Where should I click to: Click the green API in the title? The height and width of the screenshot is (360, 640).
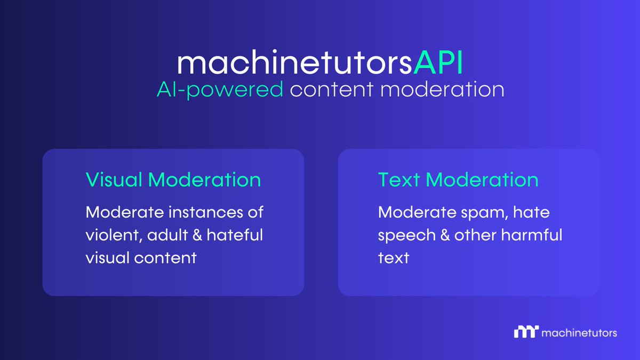[x=438, y=63]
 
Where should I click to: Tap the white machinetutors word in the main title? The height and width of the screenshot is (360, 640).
[x=294, y=63]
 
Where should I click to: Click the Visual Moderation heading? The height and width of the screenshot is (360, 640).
[x=173, y=180]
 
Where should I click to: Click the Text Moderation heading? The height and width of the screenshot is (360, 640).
[x=458, y=180]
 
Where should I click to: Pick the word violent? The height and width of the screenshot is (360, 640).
[x=113, y=235]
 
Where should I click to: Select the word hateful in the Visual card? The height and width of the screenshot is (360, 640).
[x=237, y=235]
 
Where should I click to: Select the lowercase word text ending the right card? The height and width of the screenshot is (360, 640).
[x=393, y=258]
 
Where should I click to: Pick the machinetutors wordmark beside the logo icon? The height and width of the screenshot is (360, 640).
[x=579, y=333]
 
